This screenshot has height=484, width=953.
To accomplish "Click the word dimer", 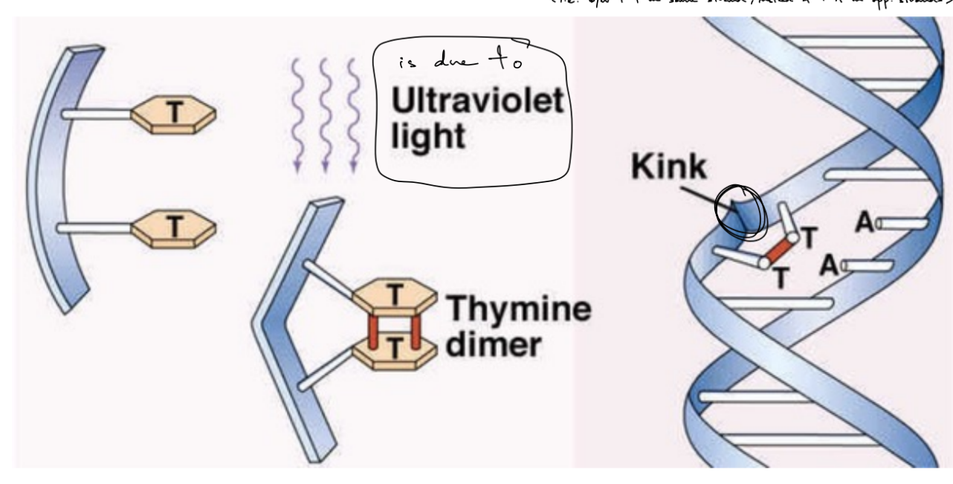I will (x=491, y=345).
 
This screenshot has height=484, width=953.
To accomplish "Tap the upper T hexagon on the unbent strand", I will (x=173, y=114).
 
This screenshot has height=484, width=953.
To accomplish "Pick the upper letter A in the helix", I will (x=864, y=221).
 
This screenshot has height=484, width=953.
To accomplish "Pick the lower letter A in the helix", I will (x=831, y=262).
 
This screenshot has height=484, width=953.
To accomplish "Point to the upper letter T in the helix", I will (x=809, y=236).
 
